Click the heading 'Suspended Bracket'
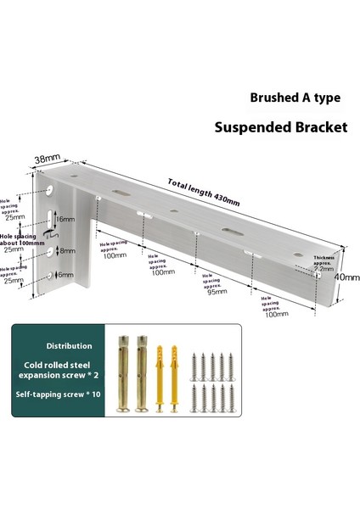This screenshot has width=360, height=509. pyautogui.click(x=281, y=128)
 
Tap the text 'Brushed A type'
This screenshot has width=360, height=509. pyautogui.click(x=295, y=98)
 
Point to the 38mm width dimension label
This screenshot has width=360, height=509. pyautogui.click(x=47, y=159)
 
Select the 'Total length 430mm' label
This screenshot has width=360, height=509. pyautogui.click(x=204, y=194)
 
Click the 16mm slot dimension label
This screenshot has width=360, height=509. pyautogui.click(x=64, y=219)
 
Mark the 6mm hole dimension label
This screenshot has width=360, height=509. pyautogui.click(x=64, y=275)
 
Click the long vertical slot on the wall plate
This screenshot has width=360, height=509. pyautogui.click(x=51, y=220)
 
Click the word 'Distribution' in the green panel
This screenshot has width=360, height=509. pyautogui.click(x=70, y=346)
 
